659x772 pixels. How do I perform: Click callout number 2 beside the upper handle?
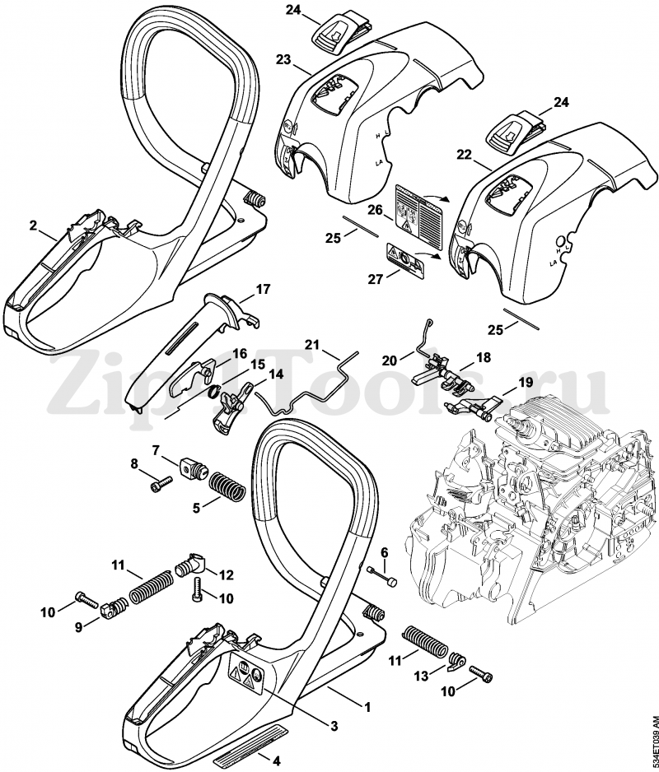(33, 225)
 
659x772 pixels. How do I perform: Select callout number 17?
(263, 289)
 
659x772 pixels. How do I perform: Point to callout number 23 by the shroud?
(283, 61)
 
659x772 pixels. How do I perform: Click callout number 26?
(373, 211)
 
